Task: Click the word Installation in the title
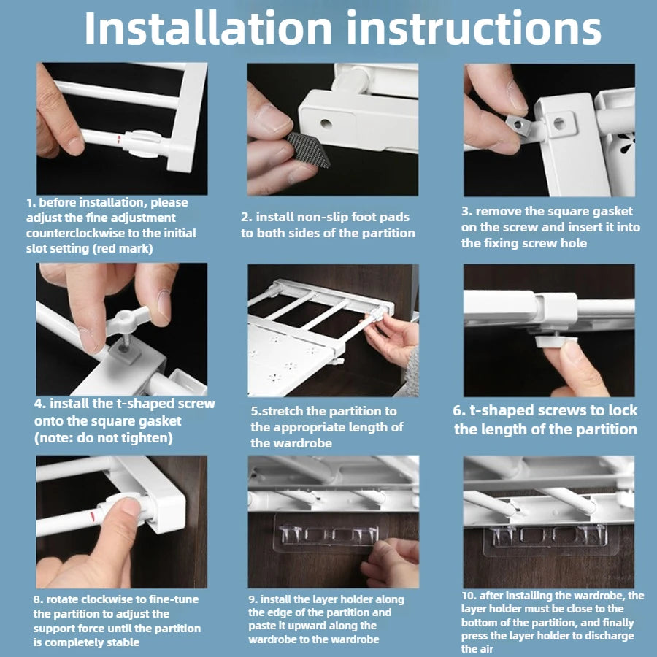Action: coord(208,28)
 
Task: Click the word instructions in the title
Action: coord(474,28)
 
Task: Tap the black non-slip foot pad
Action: coord(309,149)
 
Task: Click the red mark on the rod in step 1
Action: coord(118,139)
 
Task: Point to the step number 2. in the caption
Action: coord(247,217)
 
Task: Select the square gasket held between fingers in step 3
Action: coord(518,125)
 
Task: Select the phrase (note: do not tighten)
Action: coord(104,438)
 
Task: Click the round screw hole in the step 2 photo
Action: coord(326,123)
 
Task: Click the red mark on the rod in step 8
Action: coord(93,516)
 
